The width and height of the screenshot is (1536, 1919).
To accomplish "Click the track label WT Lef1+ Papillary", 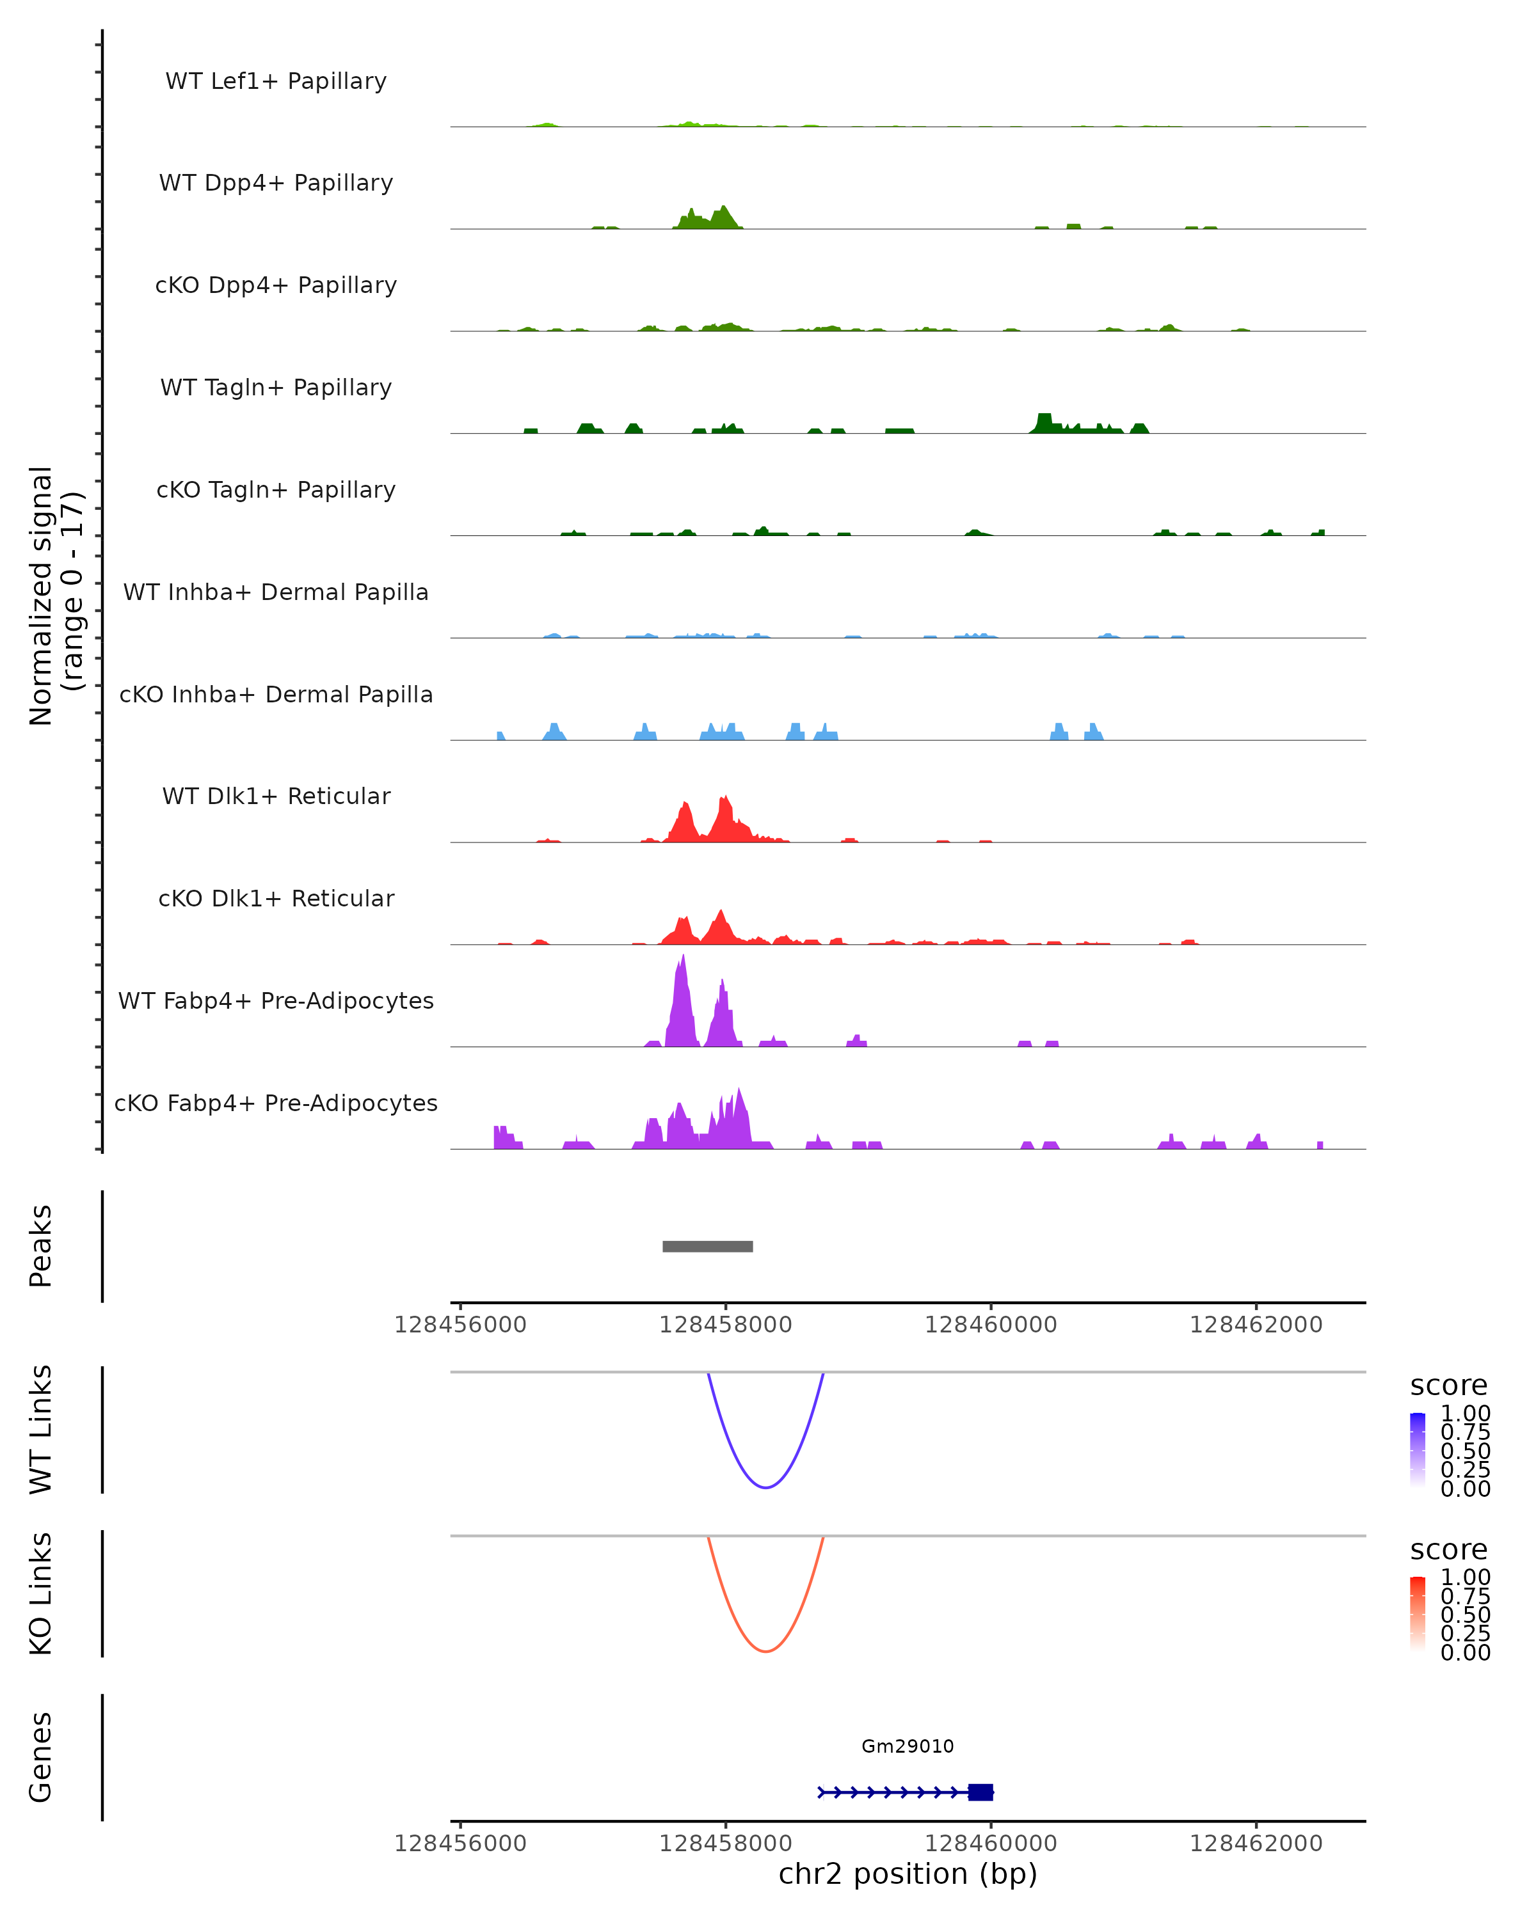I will point(276,81).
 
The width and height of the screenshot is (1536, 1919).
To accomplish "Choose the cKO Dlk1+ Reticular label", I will point(276,898).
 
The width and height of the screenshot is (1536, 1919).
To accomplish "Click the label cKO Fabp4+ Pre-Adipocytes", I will point(276,1103).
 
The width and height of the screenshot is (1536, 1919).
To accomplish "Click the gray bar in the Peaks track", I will point(708,1246).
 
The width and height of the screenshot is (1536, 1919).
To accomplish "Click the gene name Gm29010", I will point(908,1746).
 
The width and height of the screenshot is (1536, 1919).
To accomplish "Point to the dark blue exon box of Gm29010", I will point(980,1792).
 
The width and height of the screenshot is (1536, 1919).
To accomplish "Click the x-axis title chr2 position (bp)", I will point(908,1874).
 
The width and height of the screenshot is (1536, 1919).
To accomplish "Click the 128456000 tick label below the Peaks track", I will point(460,1325).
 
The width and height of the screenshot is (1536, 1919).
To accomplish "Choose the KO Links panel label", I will point(41,1594).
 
